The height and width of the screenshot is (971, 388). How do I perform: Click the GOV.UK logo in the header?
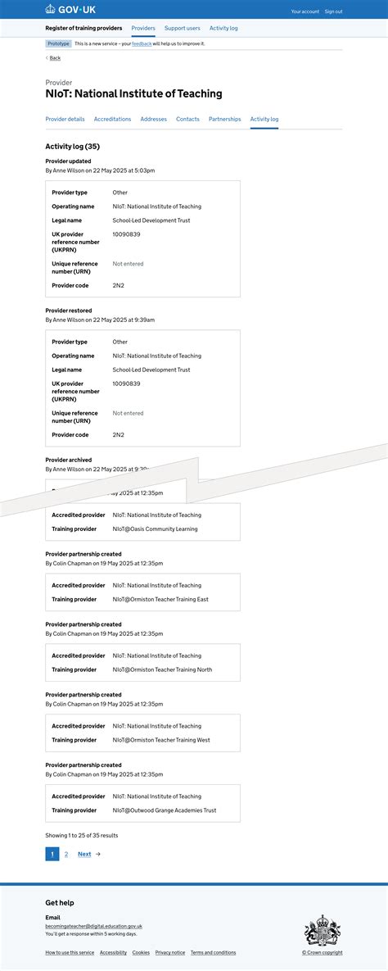coord(70,10)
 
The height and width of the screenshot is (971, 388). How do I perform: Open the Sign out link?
coord(333,11)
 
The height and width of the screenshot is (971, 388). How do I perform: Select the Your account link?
coord(305,11)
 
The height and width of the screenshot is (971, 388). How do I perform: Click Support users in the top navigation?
coord(182,28)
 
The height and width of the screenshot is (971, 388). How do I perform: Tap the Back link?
coord(55,58)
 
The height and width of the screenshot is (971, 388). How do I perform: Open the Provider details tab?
coord(65,119)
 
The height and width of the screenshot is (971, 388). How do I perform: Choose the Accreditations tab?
coord(112,119)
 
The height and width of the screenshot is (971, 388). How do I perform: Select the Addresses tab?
coord(153,119)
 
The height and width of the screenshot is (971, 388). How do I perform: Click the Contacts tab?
coord(187,119)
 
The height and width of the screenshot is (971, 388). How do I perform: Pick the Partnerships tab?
coord(224,119)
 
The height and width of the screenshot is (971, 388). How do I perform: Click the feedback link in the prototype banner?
coord(142,43)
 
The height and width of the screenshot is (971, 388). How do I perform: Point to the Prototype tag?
coord(58,43)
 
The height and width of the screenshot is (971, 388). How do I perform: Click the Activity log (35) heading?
coord(72,147)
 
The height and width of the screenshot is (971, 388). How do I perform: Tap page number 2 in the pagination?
coord(66,854)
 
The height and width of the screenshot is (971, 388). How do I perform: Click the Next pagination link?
coord(85,854)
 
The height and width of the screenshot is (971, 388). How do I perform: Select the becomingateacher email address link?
coord(93,926)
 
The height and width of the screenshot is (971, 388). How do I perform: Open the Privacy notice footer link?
coord(170,952)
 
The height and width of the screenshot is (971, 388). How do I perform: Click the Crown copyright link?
coord(323,952)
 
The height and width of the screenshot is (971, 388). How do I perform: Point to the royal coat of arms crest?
coord(323,930)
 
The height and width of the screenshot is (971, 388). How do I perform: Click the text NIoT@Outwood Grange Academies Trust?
coord(165,810)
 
